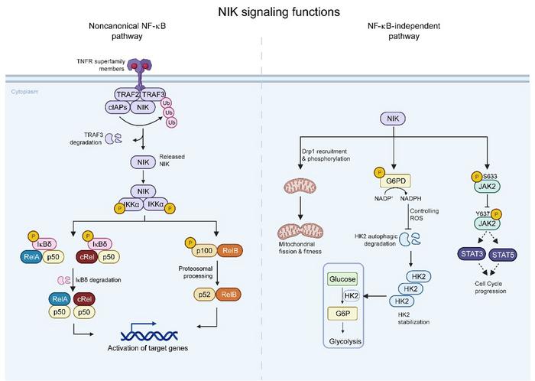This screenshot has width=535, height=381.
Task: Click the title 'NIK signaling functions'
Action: click(267, 12)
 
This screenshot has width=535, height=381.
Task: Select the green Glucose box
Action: click(343, 279)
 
